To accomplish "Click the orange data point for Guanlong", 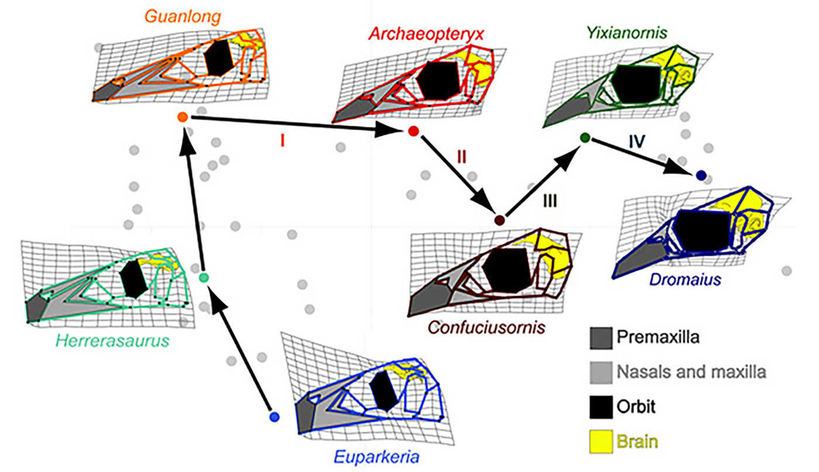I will click(x=182, y=118).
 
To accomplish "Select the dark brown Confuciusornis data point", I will click(x=500, y=221).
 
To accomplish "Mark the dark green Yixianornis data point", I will click(x=584, y=137).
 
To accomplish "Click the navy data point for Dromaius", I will click(x=701, y=174).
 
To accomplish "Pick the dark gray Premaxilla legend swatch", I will click(x=601, y=337).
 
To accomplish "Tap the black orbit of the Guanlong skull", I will click(x=217, y=57).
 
